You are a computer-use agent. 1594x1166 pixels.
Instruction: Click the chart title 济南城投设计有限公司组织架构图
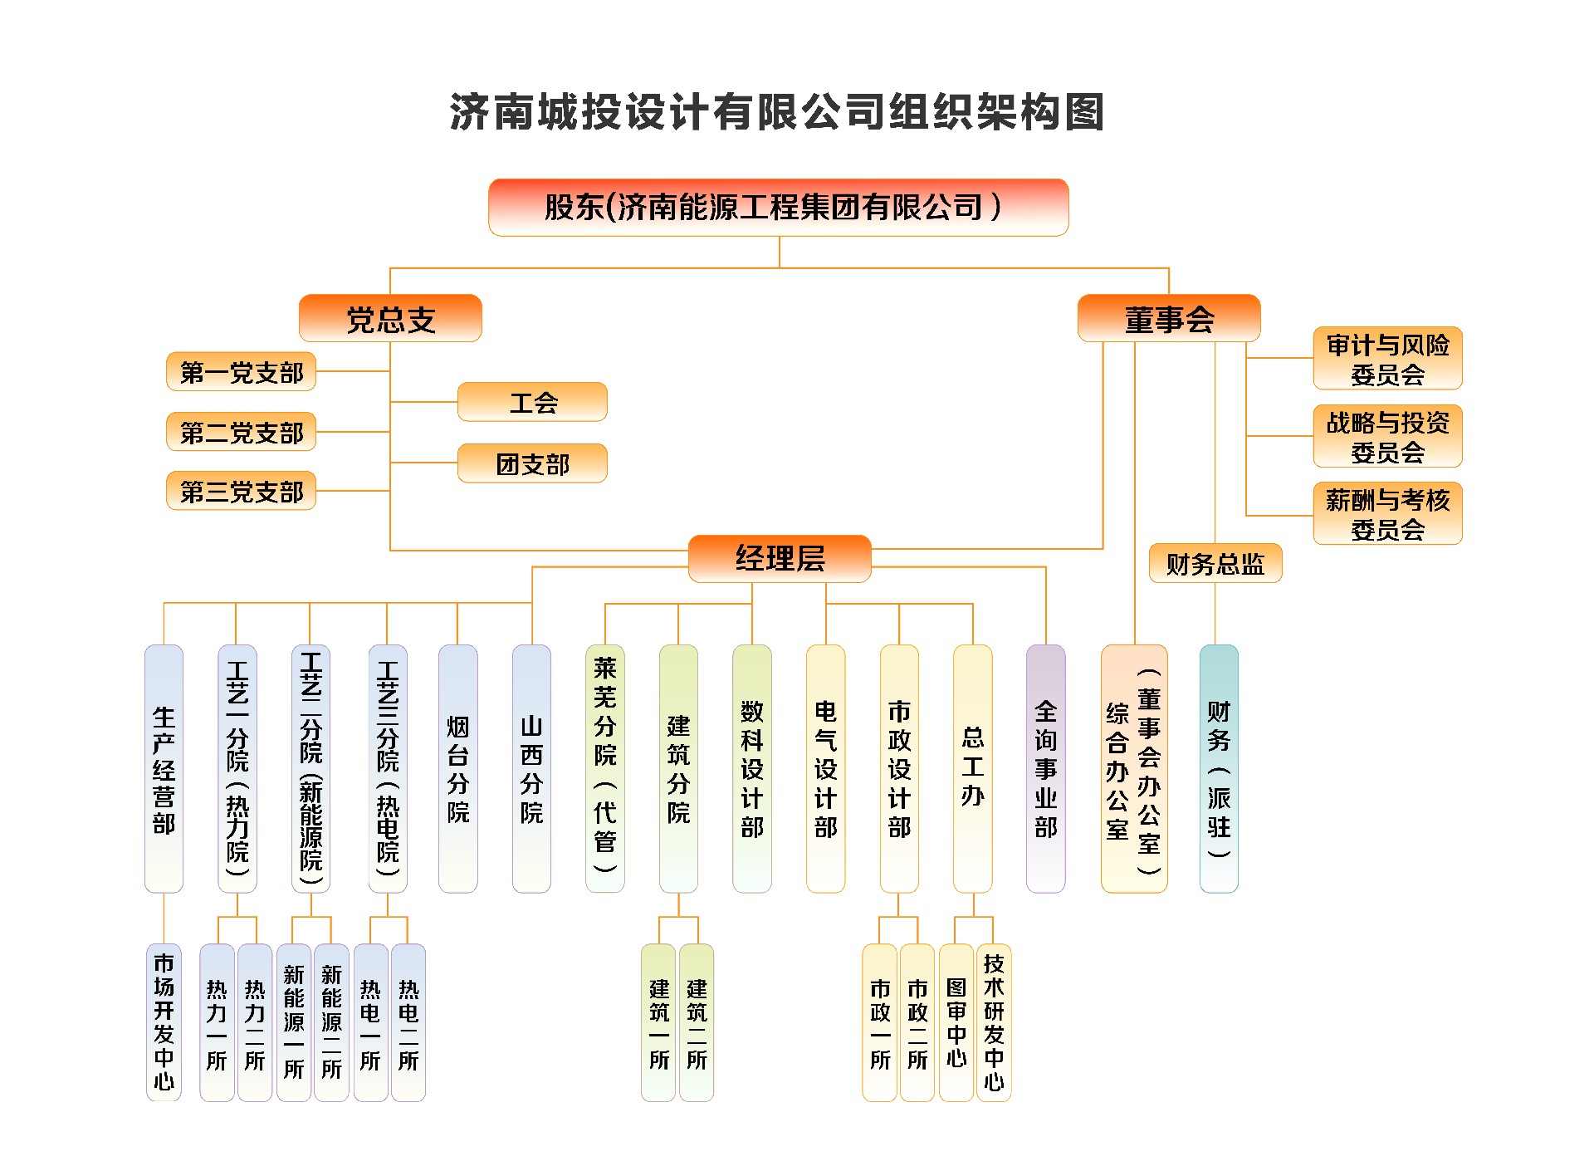point(777,112)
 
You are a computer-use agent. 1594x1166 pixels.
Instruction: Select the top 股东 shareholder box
point(778,208)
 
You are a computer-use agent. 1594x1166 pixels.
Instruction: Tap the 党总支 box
point(390,319)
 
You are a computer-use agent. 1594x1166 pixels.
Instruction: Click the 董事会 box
point(1168,319)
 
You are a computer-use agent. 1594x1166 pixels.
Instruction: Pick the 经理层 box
point(780,558)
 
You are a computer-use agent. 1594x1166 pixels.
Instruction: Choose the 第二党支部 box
point(242,432)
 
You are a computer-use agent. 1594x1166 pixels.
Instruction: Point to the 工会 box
point(532,403)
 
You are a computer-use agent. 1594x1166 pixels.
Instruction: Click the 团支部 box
point(532,463)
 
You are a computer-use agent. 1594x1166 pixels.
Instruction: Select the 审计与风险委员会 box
point(1387,359)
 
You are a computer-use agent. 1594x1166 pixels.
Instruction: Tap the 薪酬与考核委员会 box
point(1387,514)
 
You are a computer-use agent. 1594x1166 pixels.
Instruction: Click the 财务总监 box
point(1215,564)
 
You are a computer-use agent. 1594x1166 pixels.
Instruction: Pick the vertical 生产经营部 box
point(164,768)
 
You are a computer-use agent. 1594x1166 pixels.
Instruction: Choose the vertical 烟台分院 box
point(457,768)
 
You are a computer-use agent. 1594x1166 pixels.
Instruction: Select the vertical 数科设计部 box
point(751,768)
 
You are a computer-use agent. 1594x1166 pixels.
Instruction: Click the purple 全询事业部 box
point(1045,768)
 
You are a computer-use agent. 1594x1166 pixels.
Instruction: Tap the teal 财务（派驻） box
point(1218,768)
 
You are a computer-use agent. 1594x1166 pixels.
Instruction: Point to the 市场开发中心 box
point(164,1022)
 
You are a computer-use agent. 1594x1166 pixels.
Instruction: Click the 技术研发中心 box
point(994,1022)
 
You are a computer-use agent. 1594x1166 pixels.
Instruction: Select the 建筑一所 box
point(658,1022)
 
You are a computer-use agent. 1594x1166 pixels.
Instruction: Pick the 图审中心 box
point(956,1022)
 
